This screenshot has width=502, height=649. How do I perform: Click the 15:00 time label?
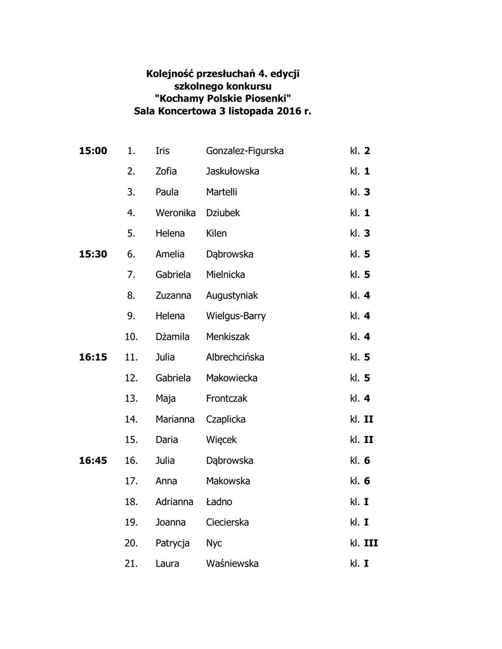tap(93, 151)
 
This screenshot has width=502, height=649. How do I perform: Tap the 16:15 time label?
tap(93, 357)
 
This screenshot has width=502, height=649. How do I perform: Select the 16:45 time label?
tap(93, 461)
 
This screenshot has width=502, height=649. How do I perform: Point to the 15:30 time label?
tap(93, 254)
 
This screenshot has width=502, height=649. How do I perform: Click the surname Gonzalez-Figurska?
tap(244, 151)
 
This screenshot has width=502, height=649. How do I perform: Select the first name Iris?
tap(162, 151)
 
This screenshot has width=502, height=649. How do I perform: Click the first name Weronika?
tap(175, 213)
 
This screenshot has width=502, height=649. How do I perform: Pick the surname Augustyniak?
tap(232, 295)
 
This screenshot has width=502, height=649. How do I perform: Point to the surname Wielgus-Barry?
tap(235, 316)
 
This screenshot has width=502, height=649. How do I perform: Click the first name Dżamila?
tap(173, 337)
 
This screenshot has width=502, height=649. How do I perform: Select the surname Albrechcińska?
tap(235, 357)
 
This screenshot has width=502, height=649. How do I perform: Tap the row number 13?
tap(132, 399)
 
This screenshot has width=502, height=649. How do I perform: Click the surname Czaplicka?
tap(226, 419)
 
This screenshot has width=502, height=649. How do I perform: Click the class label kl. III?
tap(364, 543)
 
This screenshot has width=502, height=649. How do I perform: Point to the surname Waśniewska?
tap(232, 563)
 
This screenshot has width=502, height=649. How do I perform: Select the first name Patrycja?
tap(173, 543)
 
